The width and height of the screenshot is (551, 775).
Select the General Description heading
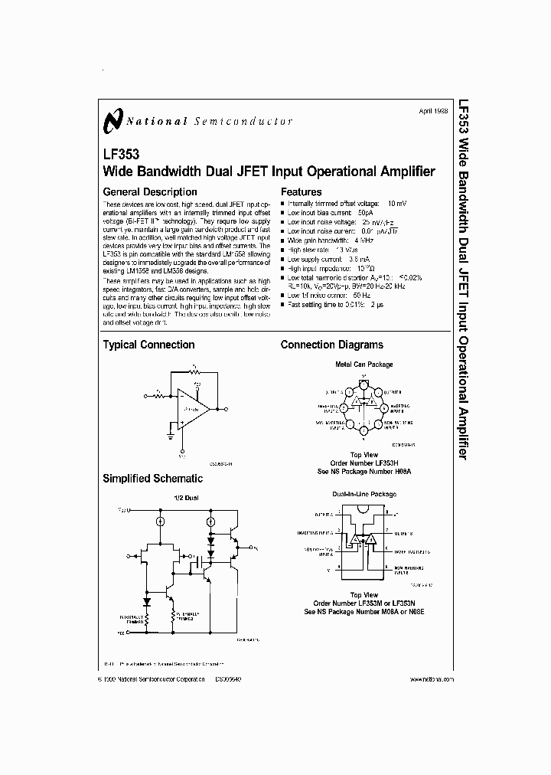point(150,192)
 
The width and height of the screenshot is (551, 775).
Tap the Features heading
point(302,192)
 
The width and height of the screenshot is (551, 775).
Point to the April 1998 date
point(433,112)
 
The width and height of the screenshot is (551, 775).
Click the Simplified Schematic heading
point(153,479)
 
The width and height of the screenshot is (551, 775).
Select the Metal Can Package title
point(364,364)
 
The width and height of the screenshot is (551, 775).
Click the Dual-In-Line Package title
point(364,494)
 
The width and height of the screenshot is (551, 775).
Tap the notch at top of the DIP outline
point(364,506)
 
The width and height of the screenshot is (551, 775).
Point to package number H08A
point(400,472)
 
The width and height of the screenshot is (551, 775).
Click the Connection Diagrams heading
point(332,345)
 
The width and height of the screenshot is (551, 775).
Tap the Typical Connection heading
point(148,345)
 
